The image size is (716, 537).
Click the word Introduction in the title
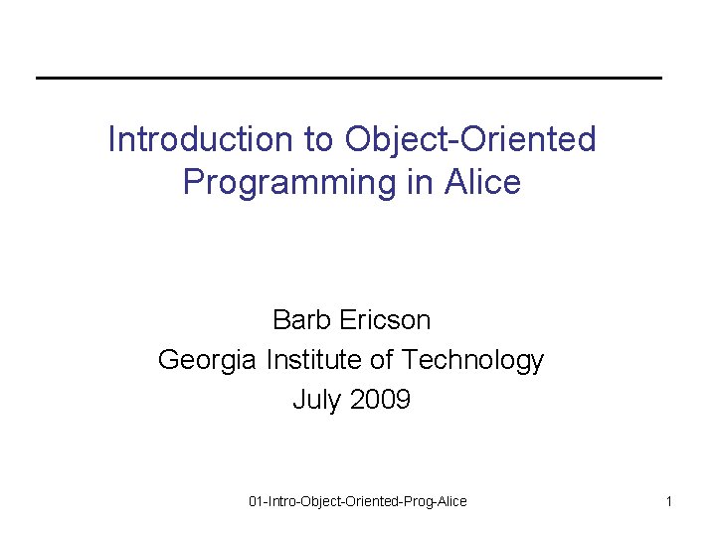point(189,139)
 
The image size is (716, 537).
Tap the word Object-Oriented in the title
point(470,139)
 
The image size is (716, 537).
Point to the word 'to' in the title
point(319,139)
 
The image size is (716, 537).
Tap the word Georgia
point(208,360)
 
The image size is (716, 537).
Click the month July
point(314,400)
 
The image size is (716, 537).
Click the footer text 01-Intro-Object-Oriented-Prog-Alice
point(357,501)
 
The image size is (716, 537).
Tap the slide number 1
point(669,501)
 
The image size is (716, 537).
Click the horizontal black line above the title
point(348,78)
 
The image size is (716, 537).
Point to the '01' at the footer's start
point(256,501)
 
